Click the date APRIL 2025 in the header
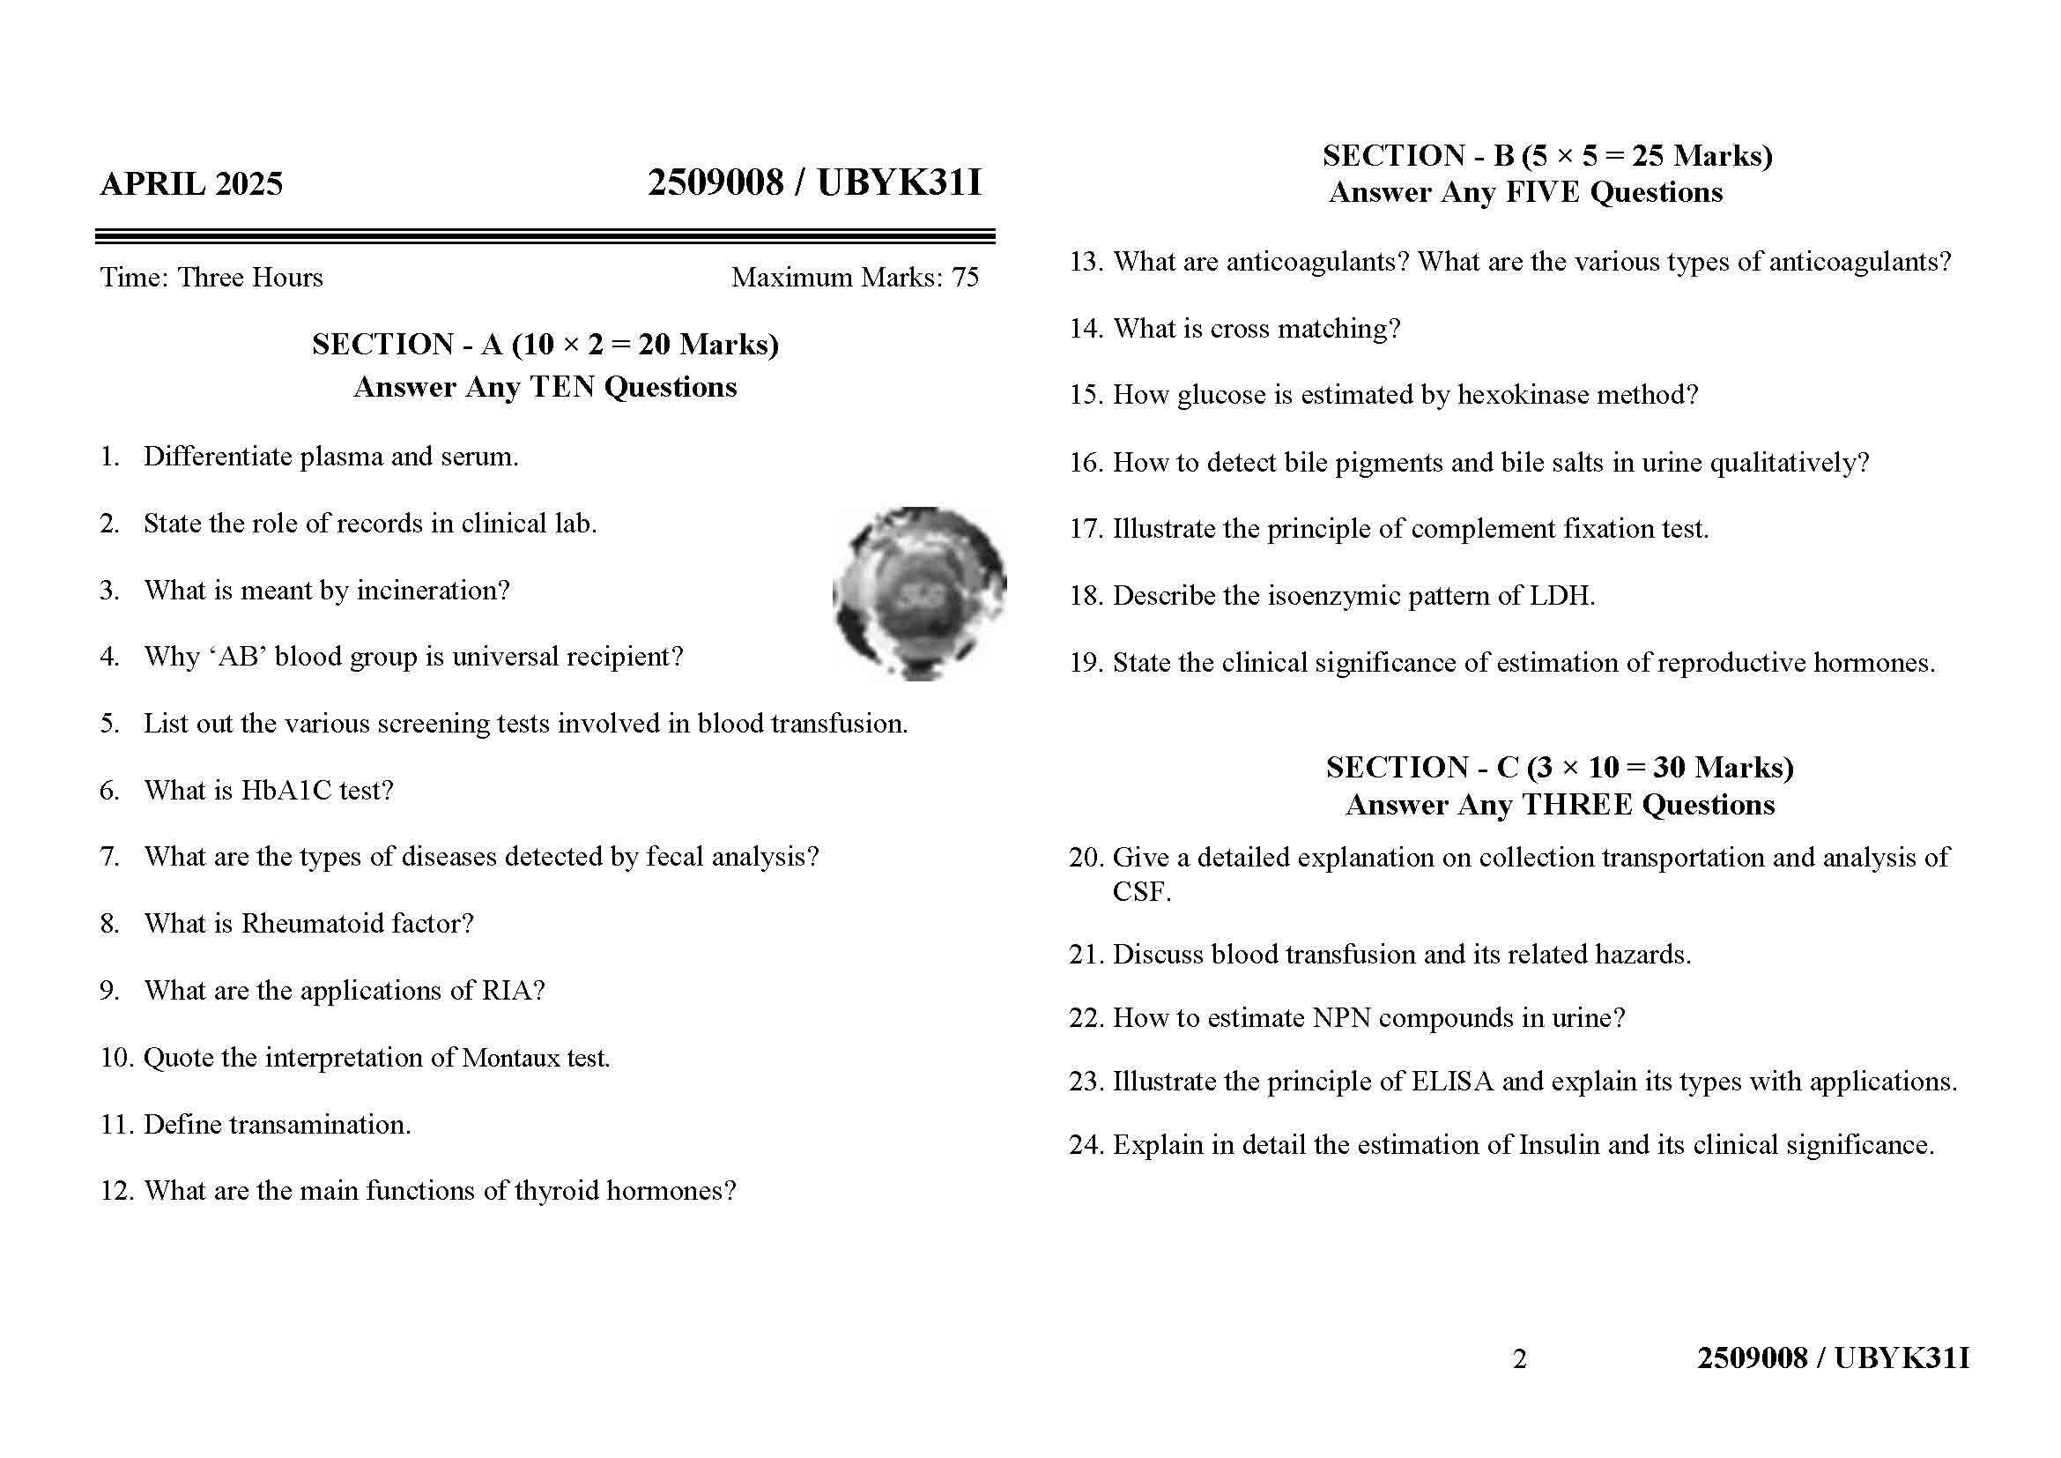(191, 184)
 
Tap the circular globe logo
(919, 593)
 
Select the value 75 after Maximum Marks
(965, 278)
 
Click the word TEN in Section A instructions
(563, 387)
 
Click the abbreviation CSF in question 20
(1141, 892)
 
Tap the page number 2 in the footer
(1519, 1359)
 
